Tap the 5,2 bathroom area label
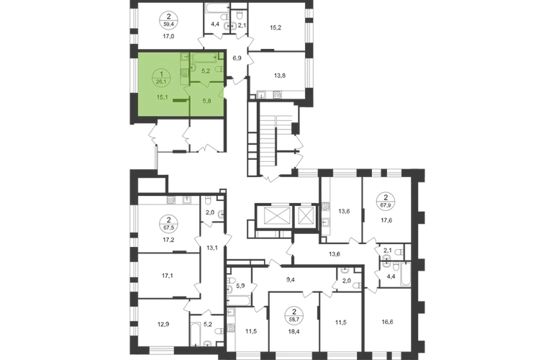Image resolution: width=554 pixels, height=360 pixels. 205,71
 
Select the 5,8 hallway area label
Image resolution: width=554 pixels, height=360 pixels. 206,101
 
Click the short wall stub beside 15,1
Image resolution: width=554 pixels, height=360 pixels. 181,103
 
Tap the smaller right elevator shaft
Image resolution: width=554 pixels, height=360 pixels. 306,215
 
